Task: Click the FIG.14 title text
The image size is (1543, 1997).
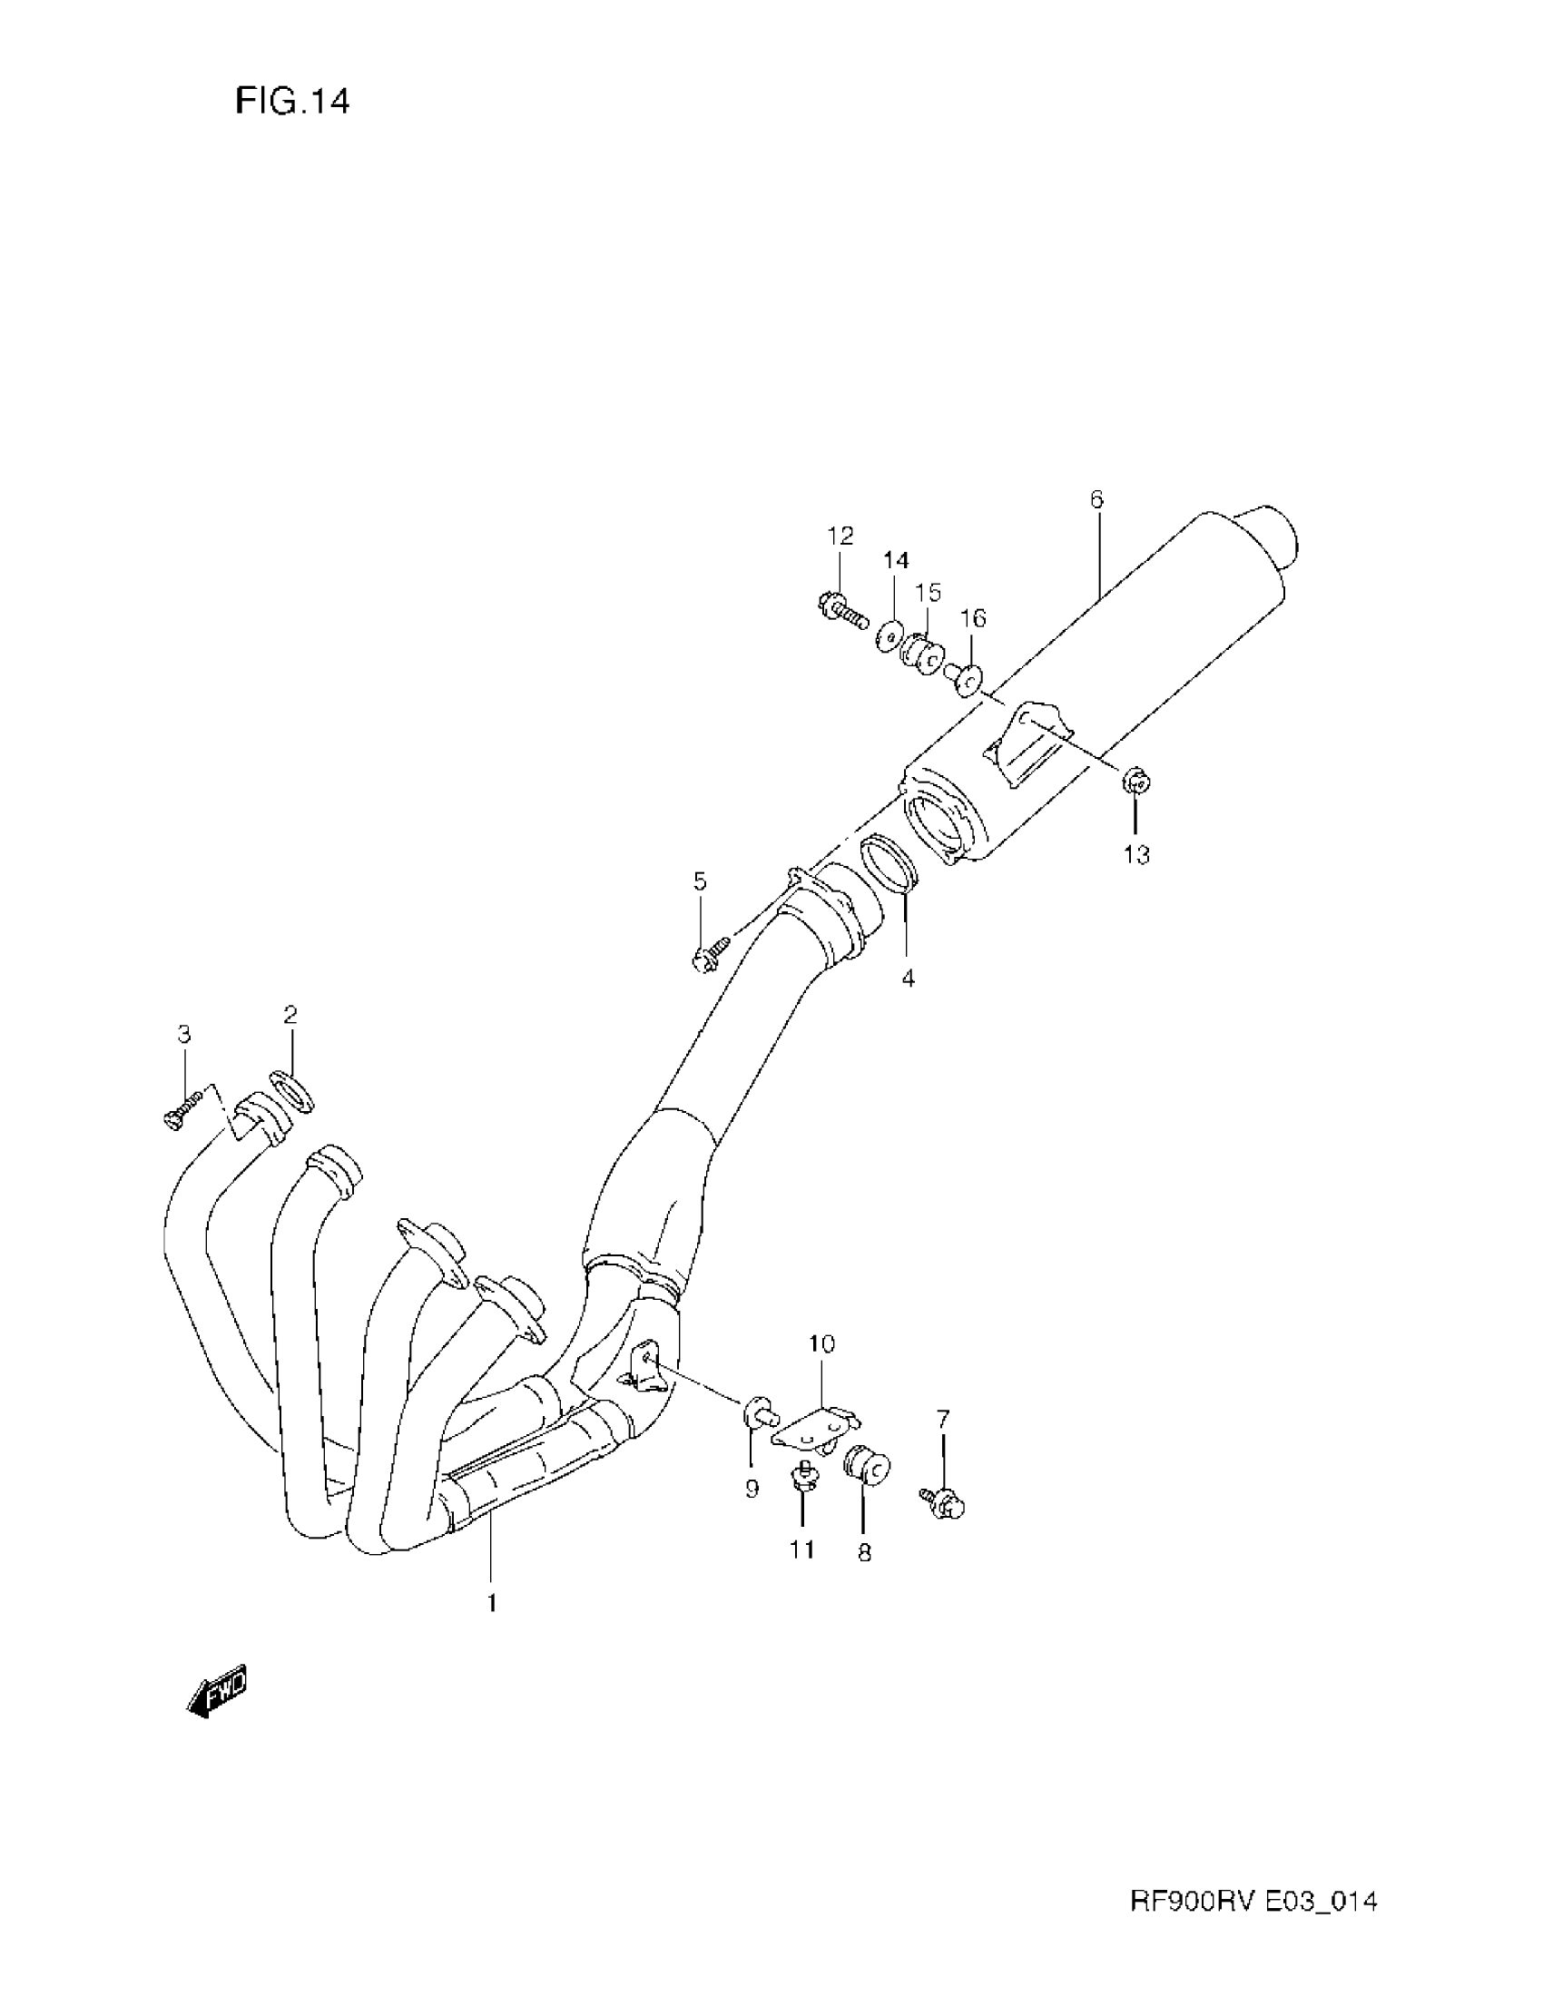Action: (x=291, y=101)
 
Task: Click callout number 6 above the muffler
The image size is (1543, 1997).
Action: (x=1096, y=499)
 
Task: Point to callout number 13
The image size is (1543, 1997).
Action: (x=1136, y=855)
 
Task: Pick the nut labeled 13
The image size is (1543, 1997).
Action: (x=1135, y=782)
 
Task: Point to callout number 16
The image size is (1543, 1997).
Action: (x=974, y=618)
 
